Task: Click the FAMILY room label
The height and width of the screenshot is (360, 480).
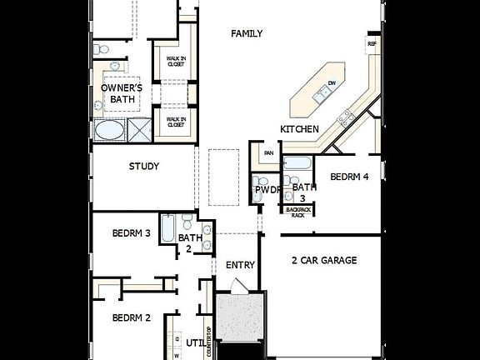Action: coord(247,33)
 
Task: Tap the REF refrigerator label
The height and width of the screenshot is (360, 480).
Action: coord(371,43)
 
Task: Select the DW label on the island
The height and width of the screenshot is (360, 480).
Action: coord(332,82)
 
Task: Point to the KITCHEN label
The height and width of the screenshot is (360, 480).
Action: coord(299,129)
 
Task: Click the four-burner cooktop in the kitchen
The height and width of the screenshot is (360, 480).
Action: coord(346,117)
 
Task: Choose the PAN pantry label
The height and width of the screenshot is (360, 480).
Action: coord(268,153)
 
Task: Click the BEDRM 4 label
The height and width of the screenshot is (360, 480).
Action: coord(349,177)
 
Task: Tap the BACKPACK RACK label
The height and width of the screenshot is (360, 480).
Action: coord(297,211)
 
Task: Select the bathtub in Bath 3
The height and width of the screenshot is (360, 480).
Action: coord(297,162)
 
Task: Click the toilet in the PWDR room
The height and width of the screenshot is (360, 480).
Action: coord(262,181)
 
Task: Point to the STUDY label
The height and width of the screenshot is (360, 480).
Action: coord(143,166)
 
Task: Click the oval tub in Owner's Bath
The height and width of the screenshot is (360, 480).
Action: coord(108,131)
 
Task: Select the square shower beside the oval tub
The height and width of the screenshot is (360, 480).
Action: coord(137,131)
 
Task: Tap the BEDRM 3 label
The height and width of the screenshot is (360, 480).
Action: coord(131,233)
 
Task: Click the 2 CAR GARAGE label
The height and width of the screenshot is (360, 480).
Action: coord(323,261)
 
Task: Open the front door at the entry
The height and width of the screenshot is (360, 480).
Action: coord(237,287)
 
